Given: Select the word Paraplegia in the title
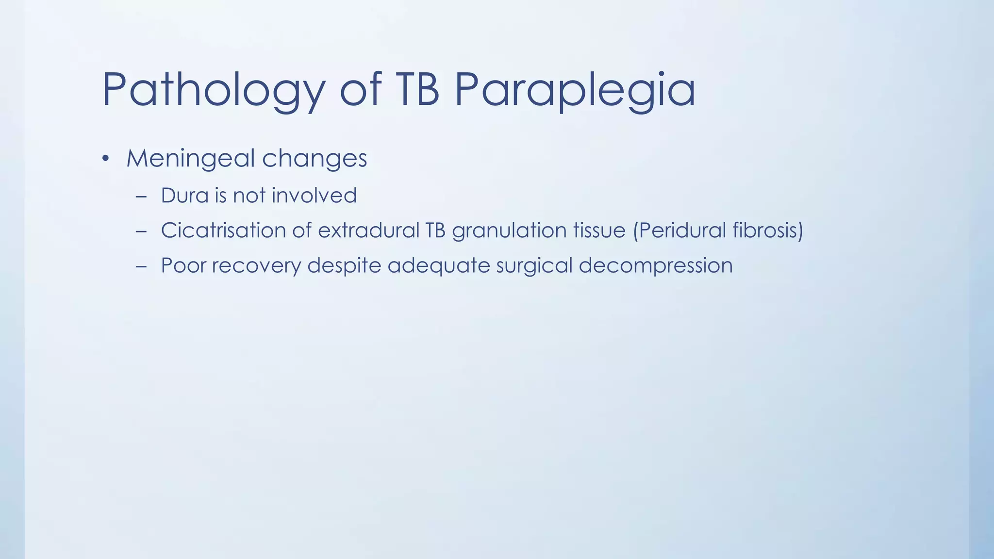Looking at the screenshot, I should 575,90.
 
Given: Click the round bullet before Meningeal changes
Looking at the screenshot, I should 105,159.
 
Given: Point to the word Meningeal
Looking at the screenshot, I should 190,159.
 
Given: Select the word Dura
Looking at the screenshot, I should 184,196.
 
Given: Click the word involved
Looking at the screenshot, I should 314,196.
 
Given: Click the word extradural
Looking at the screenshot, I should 368,230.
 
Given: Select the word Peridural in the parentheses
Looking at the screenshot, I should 681,230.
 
